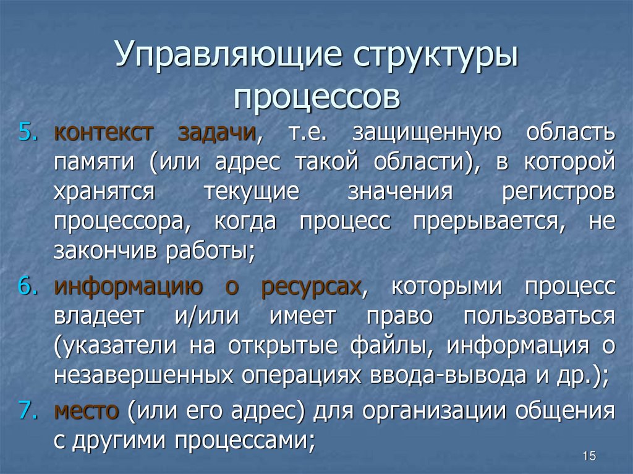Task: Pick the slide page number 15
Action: pyautogui.click(x=588, y=456)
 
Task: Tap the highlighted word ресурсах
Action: pyautogui.click(x=310, y=287)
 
